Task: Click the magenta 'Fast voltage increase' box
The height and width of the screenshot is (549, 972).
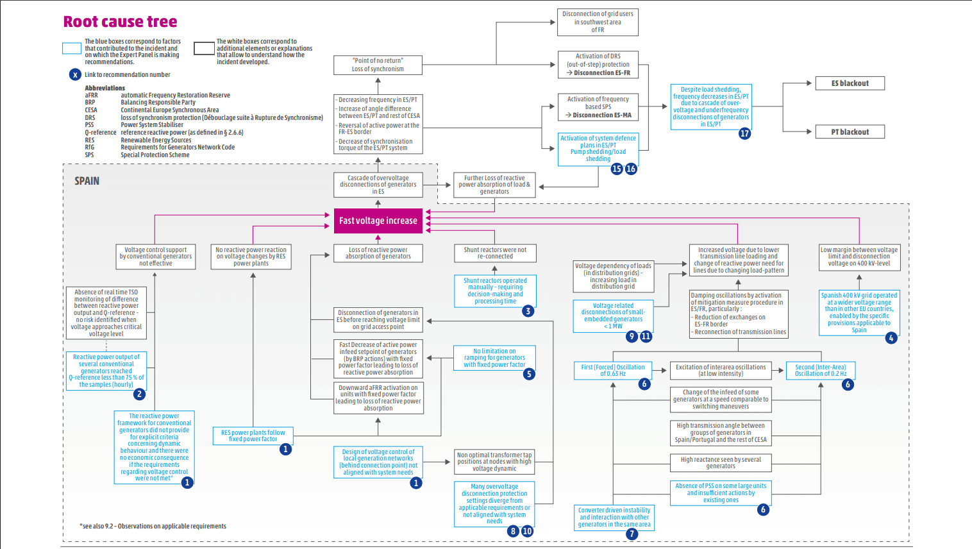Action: coord(378,221)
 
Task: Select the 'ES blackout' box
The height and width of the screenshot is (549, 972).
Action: coord(850,83)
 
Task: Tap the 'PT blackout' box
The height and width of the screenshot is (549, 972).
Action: coord(850,132)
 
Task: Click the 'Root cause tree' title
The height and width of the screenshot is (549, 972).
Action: coord(120,22)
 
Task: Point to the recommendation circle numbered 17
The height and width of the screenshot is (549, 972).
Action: coord(744,133)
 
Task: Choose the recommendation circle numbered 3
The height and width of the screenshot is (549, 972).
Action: coord(528,311)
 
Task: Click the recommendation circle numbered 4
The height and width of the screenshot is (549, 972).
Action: coord(891,337)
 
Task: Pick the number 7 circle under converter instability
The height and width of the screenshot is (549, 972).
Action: coord(632,534)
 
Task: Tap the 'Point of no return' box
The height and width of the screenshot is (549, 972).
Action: coord(378,65)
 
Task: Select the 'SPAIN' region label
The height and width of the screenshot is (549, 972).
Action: coord(87,181)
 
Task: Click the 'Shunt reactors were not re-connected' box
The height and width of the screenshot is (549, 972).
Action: coord(495,253)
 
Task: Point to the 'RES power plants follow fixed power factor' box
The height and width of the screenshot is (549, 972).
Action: coord(253,435)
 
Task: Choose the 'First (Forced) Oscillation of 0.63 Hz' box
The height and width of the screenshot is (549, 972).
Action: coord(613,370)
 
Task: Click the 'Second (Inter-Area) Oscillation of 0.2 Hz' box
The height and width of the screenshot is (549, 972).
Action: coord(821,370)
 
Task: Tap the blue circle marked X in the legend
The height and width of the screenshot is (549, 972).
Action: coord(75,74)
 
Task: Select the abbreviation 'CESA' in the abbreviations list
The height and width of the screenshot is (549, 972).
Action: coord(91,110)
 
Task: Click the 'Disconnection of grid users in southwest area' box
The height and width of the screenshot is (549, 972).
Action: coord(598,22)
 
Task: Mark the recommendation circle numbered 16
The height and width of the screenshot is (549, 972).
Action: coord(631,169)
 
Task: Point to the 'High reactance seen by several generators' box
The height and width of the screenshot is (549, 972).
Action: coord(720,462)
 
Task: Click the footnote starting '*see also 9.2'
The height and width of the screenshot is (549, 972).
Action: coord(153,526)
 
